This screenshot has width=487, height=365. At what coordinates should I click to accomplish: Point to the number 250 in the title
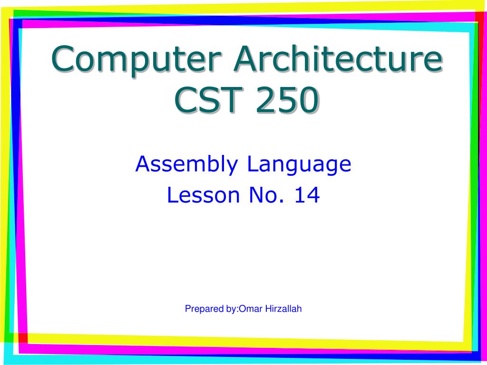pyautogui.click(x=288, y=100)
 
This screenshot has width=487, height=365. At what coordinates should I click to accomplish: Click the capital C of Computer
pyautogui.click(x=64, y=58)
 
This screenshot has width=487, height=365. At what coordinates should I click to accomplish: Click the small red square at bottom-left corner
pyautogui.click(x=23, y=338)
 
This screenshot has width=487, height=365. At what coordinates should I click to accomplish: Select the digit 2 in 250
pyautogui.click(x=265, y=99)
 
